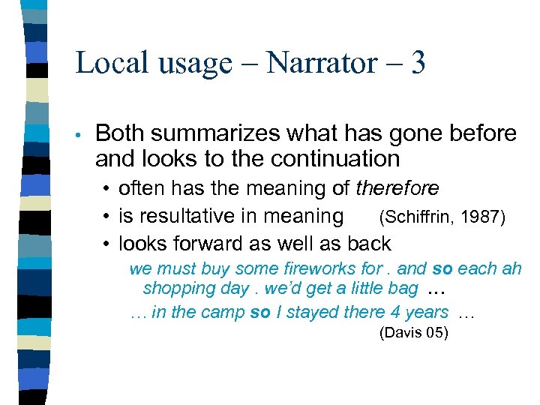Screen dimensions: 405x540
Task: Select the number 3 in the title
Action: (418, 62)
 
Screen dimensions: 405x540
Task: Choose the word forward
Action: (207, 244)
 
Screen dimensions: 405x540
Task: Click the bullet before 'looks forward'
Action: (109, 244)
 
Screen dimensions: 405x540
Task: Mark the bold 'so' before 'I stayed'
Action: (260, 312)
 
